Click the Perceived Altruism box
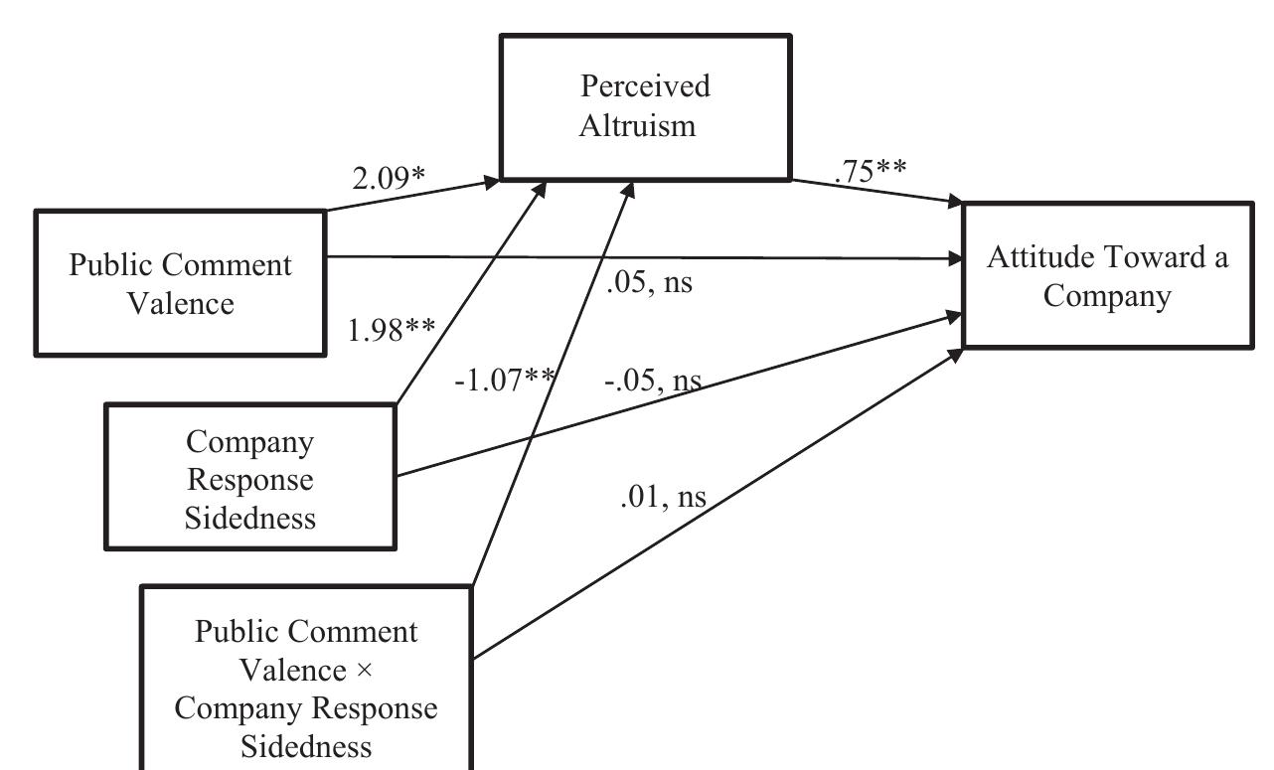coord(645,106)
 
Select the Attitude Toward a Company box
coord(1107,275)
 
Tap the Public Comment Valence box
coord(180,283)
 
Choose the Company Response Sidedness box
coord(250,477)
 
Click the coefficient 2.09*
coord(389,178)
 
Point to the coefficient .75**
coord(871,170)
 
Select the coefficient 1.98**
coord(391,329)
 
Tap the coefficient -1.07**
coord(504,380)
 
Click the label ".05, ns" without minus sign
coord(648,282)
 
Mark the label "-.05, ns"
coord(652,381)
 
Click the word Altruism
coord(646,126)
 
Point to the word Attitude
coord(1039,257)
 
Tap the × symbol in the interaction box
coord(363,671)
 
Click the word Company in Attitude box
coord(1107,296)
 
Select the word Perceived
coord(646,86)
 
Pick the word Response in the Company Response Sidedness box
coord(250,479)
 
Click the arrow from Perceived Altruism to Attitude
coord(875,192)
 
